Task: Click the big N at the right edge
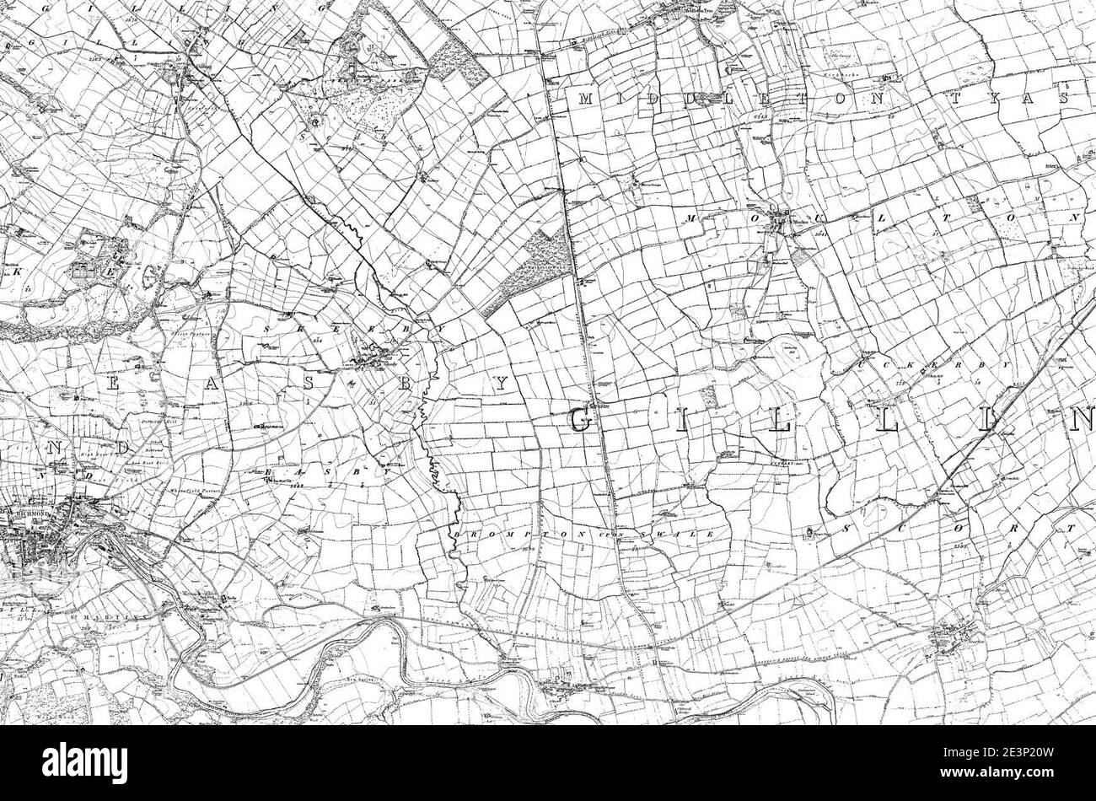click(x=1083, y=419)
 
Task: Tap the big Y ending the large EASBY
click(x=502, y=384)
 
